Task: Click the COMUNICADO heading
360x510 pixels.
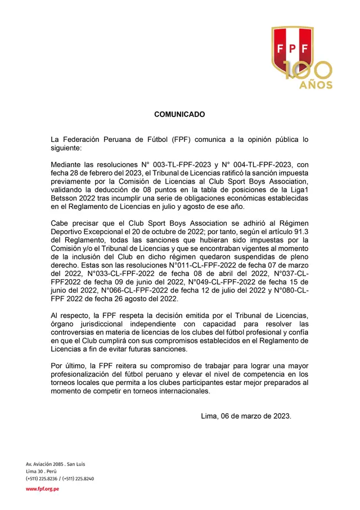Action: (x=179, y=114)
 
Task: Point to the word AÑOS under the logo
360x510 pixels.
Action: (x=316, y=86)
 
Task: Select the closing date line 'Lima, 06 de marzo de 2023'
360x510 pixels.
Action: (x=246, y=416)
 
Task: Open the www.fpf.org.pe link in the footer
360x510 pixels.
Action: (x=43, y=489)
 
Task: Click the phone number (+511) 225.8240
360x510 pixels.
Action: (x=78, y=478)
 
